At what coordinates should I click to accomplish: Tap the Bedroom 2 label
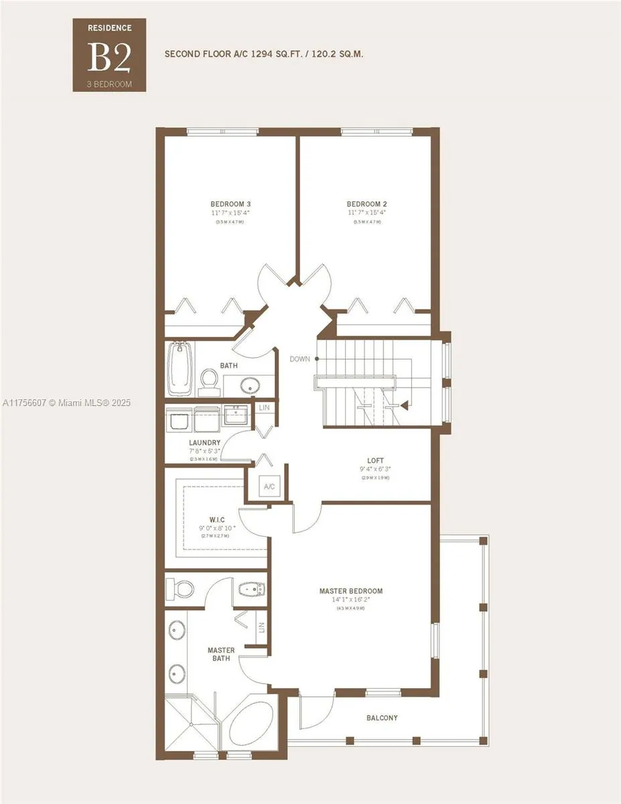click(x=366, y=204)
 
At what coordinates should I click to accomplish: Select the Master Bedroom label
click(x=350, y=591)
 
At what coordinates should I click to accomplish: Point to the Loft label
click(x=375, y=460)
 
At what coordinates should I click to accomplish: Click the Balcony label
click(x=382, y=718)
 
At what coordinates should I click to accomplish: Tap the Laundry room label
click(x=204, y=442)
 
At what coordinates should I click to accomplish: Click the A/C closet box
click(x=269, y=486)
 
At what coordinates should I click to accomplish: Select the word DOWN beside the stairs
click(x=299, y=359)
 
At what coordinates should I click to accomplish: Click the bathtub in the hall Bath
click(x=179, y=369)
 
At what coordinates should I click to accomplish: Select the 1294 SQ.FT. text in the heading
click(x=284, y=54)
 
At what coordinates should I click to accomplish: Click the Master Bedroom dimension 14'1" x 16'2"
click(x=350, y=600)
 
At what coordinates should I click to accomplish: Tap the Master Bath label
click(x=220, y=654)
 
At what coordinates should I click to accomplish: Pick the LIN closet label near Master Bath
click(x=261, y=628)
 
